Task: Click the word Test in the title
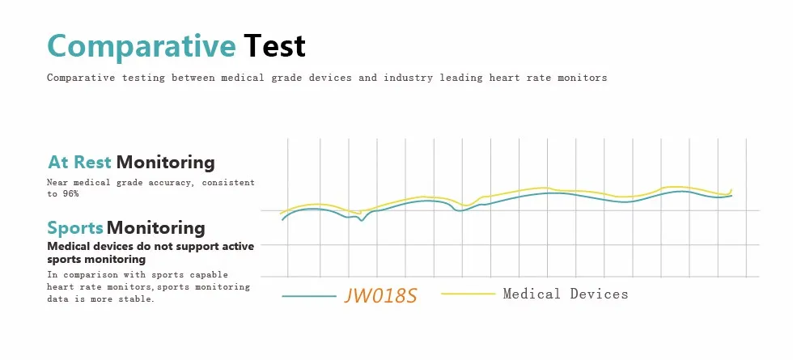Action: tap(274, 45)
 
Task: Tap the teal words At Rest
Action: tap(79, 163)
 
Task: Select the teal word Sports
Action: tap(75, 228)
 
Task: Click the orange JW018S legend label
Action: tap(380, 295)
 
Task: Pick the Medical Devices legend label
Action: tap(566, 294)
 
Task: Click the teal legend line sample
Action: tap(308, 296)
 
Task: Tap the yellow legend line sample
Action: tap(469, 293)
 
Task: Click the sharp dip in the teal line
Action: tap(361, 220)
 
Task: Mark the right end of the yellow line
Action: tap(732, 189)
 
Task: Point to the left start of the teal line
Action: tap(282, 219)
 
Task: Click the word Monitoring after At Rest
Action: tap(165, 163)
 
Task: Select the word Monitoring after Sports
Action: tap(155, 228)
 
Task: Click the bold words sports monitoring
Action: tap(96, 260)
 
